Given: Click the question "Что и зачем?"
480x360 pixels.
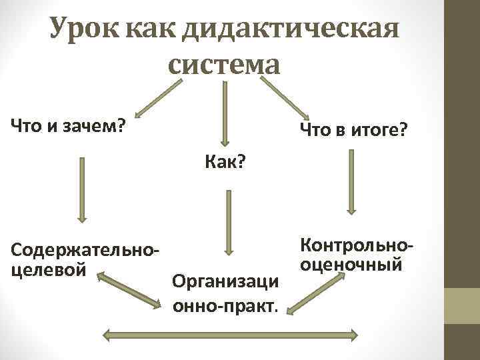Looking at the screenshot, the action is [x=67, y=125].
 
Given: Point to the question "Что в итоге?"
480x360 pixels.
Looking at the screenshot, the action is [x=353, y=129].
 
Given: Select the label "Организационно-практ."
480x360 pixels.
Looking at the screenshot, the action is [x=225, y=294].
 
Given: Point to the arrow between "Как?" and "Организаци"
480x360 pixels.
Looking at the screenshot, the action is [x=228, y=221].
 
